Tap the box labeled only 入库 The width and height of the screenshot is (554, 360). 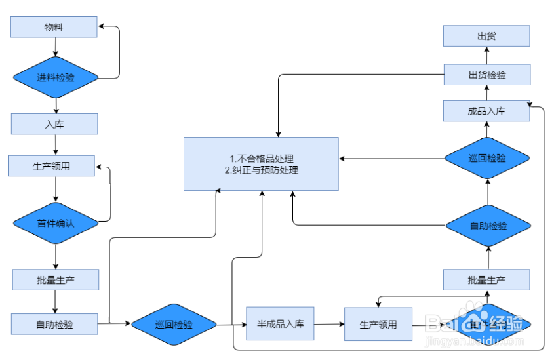(54, 124)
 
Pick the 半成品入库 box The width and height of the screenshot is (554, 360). (280, 323)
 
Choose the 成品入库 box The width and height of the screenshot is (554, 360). (486, 111)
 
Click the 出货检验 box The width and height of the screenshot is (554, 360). (486, 75)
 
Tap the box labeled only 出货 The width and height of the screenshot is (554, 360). (486, 36)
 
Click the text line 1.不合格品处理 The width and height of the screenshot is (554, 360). (261, 159)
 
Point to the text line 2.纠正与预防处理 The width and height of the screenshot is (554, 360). (261, 170)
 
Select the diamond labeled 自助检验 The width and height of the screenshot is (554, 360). (488, 226)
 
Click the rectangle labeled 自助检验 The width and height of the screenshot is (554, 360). (54, 323)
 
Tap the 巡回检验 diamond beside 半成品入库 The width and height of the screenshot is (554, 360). (174, 324)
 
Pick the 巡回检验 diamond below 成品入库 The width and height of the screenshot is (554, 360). (487, 159)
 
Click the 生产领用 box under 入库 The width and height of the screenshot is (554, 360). (51, 166)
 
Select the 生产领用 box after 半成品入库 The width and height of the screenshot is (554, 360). (378, 324)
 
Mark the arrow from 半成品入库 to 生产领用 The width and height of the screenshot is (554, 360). (329, 324)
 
